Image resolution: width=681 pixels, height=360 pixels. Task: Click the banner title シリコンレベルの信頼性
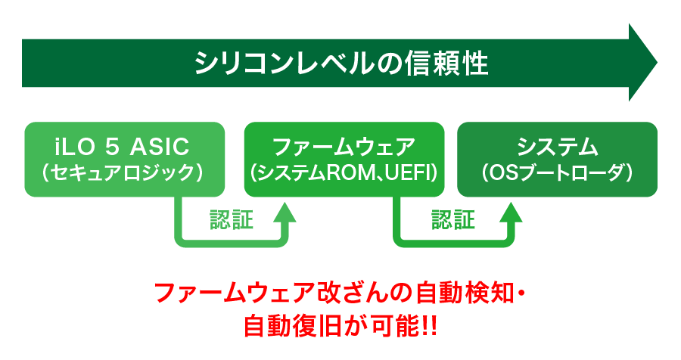(341, 62)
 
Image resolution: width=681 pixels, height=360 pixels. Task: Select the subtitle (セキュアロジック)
(124, 173)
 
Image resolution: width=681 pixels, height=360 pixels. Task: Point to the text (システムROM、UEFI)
(344, 173)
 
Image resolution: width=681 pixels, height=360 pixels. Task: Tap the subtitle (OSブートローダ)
(558, 173)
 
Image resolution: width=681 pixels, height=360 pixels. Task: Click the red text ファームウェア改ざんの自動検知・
(340, 294)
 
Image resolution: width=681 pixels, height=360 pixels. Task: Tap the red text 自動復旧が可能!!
(340, 327)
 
